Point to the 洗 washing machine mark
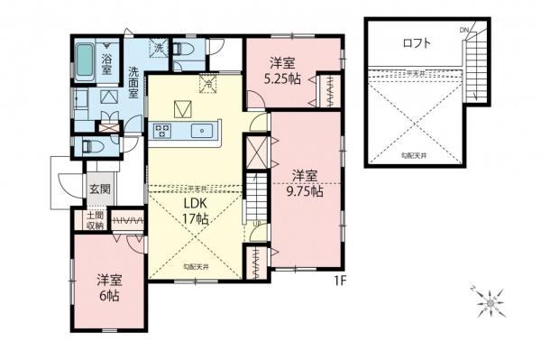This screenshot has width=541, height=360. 158,48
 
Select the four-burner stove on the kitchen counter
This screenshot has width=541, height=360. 164,131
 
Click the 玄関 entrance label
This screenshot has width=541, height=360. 98,189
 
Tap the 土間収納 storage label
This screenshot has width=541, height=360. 94,222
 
